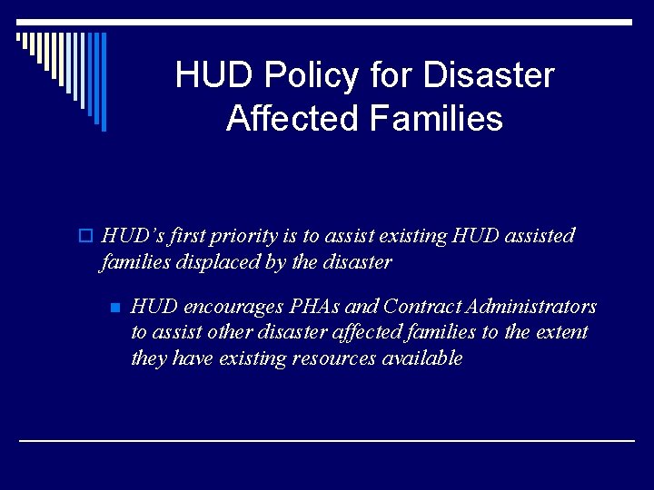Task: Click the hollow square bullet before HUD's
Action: click(x=86, y=237)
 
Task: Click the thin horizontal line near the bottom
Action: click(x=327, y=440)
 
